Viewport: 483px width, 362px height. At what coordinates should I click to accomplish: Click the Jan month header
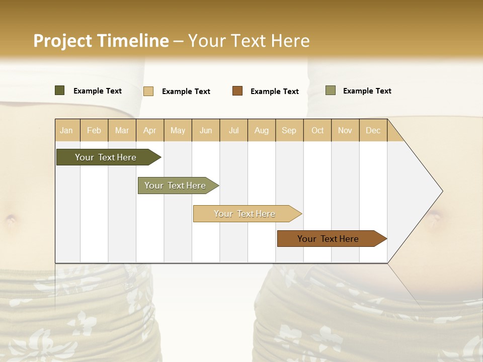pyautogui.click(x=66, y=130)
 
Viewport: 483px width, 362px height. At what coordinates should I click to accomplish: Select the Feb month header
pyautogui.click(x=94, y=130)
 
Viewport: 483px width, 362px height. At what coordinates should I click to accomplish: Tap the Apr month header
pyautogui.click(x=150, y=130)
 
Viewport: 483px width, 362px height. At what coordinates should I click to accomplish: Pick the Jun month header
pyautogui.click(x=206, y=130)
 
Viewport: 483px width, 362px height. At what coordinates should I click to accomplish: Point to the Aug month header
pyautogui.click(x=262, y=130)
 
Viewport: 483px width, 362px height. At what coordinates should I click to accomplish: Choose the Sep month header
pyautogui.click(x=289, y=130)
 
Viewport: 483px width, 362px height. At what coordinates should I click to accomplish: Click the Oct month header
pyautogui.click(x=317, y=130)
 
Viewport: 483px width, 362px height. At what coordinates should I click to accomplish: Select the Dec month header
pyautogui.click(x=373, y=130)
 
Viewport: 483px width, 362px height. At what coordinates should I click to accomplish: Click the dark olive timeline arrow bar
pyautogui.click(x=106, y=157)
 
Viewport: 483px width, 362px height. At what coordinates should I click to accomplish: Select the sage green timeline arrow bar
pyautogui.click(x=175, y=186)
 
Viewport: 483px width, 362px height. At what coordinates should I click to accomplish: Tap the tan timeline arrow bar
pyautogui.click(x=245, y=214)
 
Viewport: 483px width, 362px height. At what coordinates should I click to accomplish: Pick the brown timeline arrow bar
pyautogui.click(x=328, y=239)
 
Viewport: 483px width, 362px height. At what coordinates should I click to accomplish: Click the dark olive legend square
pyautogui.click(x=60, y=90)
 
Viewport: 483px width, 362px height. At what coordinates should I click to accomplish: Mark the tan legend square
pyautogui.click(x=148, y=91)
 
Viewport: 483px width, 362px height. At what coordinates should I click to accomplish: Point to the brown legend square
pyautogui.click(x=237, y=91)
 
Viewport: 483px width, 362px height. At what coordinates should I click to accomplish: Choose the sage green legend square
pyautogui.click(x=331, y=90)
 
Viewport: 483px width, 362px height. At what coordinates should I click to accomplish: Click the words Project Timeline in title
pyautogui.click(x=101, y=41)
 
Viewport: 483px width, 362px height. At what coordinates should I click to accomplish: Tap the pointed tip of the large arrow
pyautogui.click(x=442, y=191)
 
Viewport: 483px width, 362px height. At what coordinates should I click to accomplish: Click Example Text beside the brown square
pyautogui.click(x=274, y=92)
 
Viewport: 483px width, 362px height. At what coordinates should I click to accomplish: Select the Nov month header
pyautogui.click(x=345, y=130)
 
